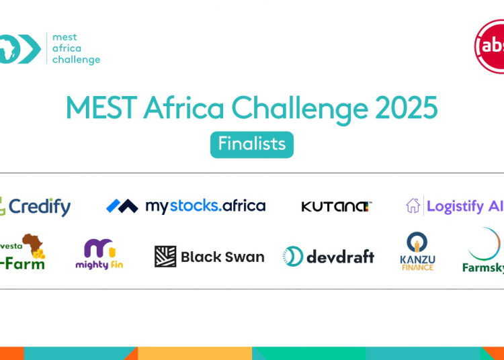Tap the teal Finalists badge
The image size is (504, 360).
(x=251, y=144)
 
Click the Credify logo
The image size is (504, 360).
(x=36, y=206)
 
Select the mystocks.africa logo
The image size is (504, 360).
(x=185, y=206)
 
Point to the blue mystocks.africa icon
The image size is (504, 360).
(x=122, y=206)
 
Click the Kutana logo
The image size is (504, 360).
(x=336, y=206)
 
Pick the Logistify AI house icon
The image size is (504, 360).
(x=413, y=206)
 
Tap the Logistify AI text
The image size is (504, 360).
(x=464, y=206)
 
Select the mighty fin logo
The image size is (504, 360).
(x=99, y=254)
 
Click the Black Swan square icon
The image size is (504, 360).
(x=165, y=257)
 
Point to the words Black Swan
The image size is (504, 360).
(x=222, y=257)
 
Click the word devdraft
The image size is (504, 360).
(x=340, y=256)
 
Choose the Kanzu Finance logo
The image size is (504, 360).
(x=417, y=251)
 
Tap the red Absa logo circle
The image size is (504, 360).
(x=491, y=46)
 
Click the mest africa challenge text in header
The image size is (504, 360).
(x=76, y=48)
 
